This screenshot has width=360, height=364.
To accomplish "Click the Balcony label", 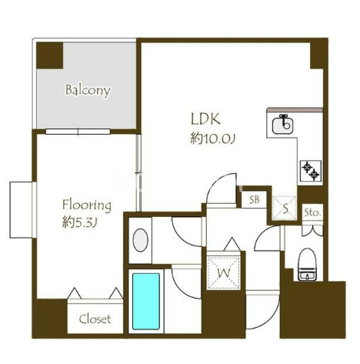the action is (88, 91).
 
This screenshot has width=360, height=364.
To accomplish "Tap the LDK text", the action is (205, 119).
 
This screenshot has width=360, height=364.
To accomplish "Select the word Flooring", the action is (87, 205).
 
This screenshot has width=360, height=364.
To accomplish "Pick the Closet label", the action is (95, 319).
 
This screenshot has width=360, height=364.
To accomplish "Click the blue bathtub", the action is (146, 301).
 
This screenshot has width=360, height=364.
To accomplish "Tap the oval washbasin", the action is (140, 240).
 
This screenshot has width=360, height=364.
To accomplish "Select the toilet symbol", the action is (308, 264).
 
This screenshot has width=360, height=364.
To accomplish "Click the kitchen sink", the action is (282, 125).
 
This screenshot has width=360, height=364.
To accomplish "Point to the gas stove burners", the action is (311, 171).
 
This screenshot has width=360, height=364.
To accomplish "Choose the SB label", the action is (255, 199).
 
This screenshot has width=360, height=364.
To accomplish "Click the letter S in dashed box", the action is (285, 209).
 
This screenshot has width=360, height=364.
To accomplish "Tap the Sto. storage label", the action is (312, 212).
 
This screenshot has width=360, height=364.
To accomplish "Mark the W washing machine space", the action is (224, 273).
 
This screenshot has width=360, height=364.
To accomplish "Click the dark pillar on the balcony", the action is (50, 55).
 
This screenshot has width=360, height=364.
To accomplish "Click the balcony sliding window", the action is (78, 132).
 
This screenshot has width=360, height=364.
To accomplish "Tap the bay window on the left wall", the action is (22, 210).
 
